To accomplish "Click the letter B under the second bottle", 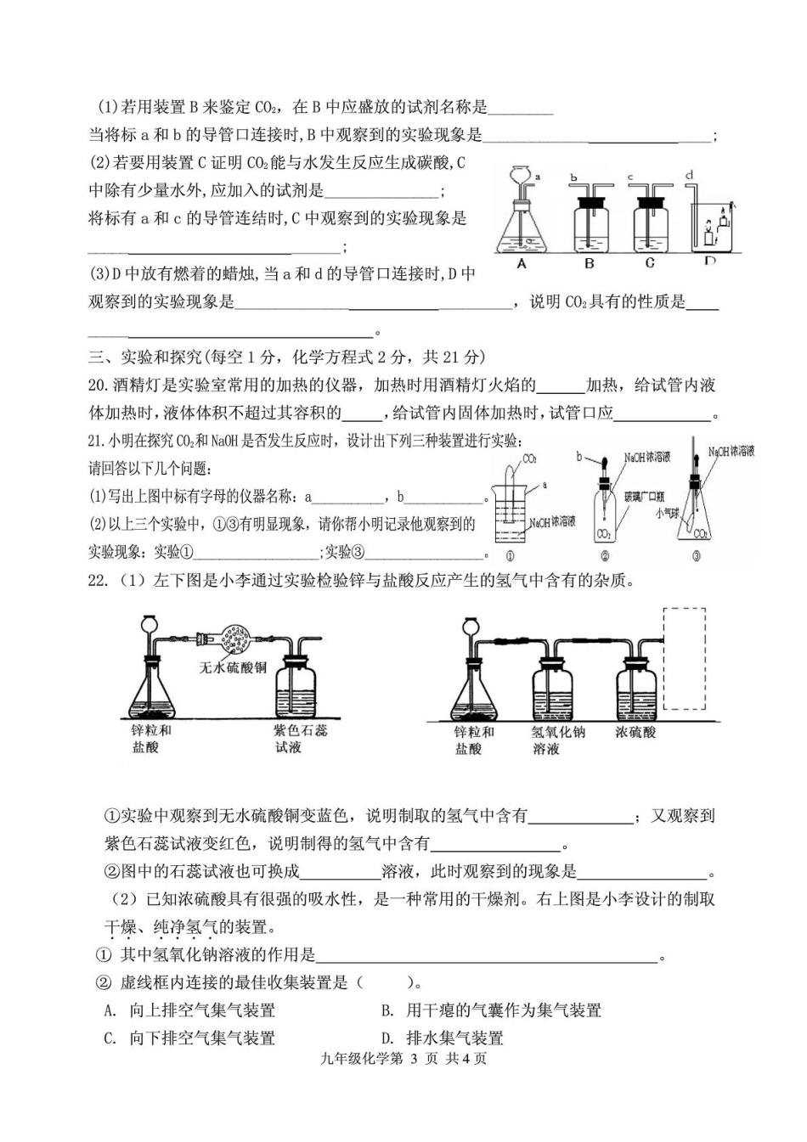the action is pos(590,263).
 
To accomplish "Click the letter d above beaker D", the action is pos(689,175).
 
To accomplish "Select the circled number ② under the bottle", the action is pos(605,557).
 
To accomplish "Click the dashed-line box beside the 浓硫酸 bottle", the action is pos(684,658).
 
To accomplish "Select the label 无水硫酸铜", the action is pos(233,667).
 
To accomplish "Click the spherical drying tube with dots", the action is pos(236,639).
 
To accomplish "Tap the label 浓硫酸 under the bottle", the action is pos(635,732).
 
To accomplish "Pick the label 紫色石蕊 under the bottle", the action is pos(300,730).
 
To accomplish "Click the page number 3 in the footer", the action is pos(413,1058).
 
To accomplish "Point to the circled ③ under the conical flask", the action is pos(696,557).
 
